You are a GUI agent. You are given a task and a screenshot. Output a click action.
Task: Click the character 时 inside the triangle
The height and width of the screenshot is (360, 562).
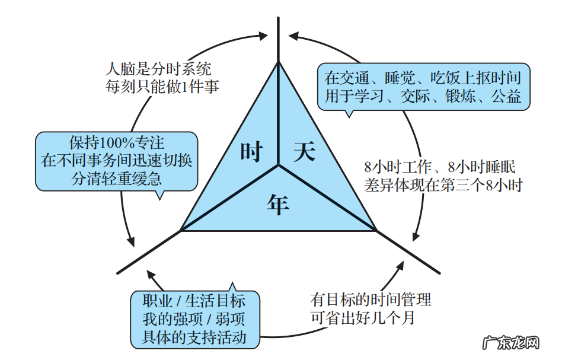tap(251, 152)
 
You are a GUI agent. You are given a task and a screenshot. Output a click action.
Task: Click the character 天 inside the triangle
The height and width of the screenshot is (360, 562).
tap(304, 152)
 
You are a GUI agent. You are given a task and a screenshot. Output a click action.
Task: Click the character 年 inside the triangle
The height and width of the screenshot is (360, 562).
tap(278, 204)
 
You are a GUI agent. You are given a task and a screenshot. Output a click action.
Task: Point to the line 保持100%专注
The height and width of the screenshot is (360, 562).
tap(117, 144)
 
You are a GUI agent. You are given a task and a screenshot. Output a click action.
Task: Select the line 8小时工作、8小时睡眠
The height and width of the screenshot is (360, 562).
tap(443, 167)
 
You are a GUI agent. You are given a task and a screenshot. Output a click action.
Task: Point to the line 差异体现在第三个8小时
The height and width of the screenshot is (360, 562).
tap(443, 184)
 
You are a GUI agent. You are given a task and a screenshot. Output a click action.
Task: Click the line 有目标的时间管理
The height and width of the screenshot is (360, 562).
tap(371, 300)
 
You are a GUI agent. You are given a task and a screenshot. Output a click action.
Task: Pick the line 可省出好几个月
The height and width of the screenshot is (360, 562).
tap(362, 317)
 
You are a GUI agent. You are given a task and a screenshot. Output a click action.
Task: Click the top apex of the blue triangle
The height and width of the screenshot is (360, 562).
tap(278, 62)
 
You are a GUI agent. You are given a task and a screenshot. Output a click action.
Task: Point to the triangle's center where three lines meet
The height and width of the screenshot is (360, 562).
tap(278, 165)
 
